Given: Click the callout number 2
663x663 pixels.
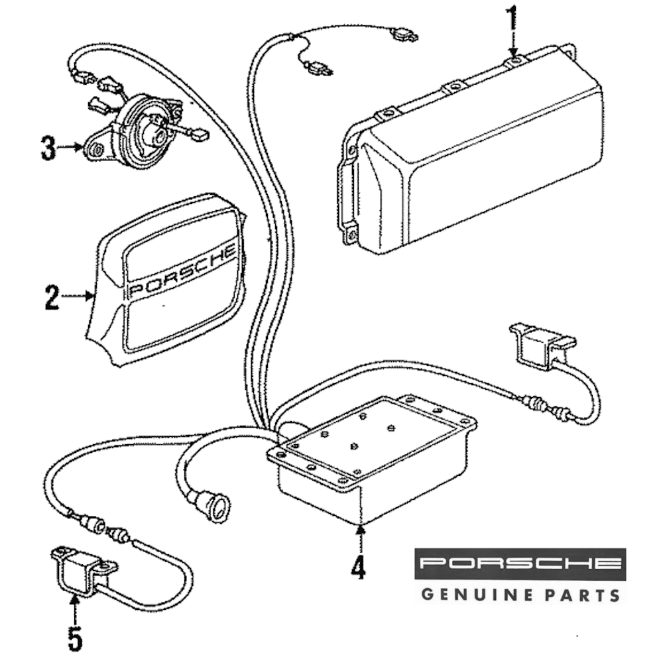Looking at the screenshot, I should [x=52, y=296].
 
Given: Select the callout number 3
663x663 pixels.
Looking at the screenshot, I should [x=48, y=148].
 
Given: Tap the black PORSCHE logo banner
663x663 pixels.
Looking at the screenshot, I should [x=520, y=564].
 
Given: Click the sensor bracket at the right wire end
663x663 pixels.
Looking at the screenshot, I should [x=541, y=343].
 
